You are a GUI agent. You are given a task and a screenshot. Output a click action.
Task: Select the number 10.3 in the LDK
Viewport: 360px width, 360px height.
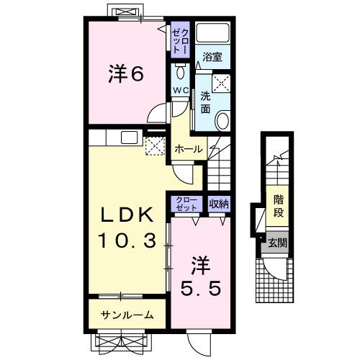tap(127, 241)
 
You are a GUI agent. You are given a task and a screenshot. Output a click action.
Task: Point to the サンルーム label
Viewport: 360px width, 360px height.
tap(127, 314)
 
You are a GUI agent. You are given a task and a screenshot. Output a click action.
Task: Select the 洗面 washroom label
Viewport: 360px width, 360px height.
tap(205, 102)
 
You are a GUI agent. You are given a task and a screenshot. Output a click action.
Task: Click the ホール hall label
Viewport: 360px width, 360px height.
tap(189, 149)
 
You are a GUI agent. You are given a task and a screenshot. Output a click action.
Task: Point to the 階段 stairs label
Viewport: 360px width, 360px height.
tap(278, 204)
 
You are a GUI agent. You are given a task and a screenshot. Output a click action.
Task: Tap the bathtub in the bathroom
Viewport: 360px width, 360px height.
tap(212, 33)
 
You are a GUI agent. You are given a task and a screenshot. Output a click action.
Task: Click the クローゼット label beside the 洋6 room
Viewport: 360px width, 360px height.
tap(179, 40)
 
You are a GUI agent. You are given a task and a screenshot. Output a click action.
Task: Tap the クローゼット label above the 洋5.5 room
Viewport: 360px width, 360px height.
tap(186, 204)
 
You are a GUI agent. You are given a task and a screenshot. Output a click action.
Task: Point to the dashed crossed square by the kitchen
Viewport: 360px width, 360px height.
tap(155, 146)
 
